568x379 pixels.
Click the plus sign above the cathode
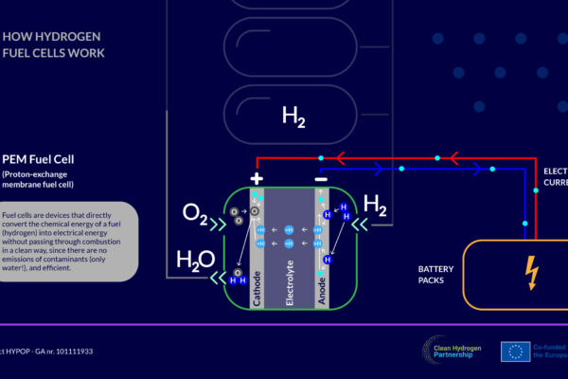coord(256,179)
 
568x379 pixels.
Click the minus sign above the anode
coord(322,179)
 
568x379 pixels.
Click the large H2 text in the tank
coord(293,117)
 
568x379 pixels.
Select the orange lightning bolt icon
coord(532,274)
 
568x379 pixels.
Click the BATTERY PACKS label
coord(436,275)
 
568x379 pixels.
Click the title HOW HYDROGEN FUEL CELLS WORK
coord(51,45)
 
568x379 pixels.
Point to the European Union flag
coord(516,351)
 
